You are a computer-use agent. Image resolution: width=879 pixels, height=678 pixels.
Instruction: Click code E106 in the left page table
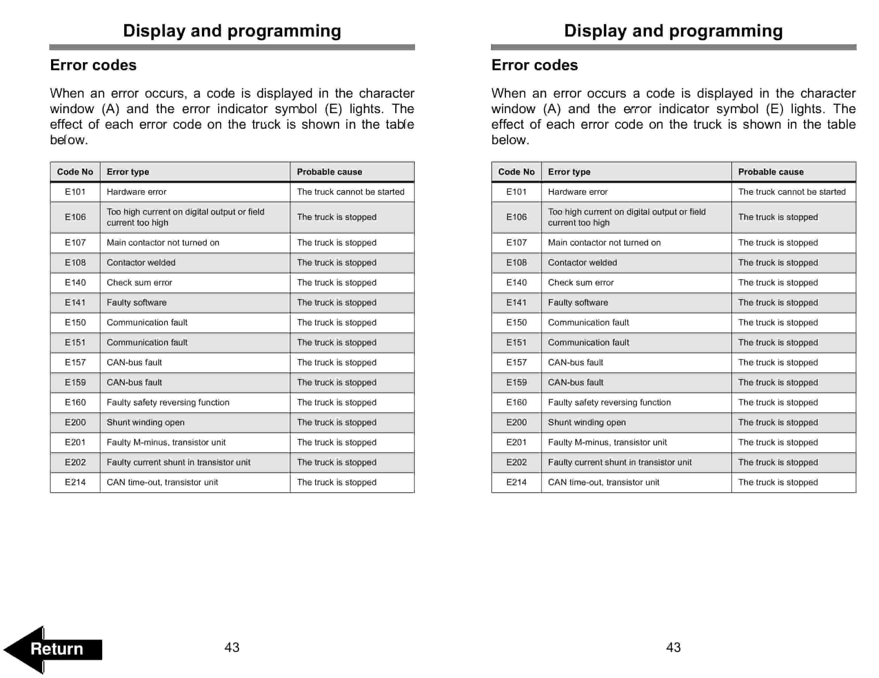coord(75,217)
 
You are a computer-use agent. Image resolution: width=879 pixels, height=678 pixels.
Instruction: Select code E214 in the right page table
coord(516,482)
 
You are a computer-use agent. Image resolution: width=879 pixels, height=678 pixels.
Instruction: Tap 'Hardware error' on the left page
coord(137,192)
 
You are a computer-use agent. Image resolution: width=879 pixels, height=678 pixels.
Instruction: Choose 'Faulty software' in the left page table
coord(137,303)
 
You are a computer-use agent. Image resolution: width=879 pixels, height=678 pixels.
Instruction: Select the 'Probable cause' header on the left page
coord(329,172)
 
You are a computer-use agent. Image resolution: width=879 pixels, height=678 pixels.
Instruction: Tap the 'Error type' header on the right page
coord(569,172)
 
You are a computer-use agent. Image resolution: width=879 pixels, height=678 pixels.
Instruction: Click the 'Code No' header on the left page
coord(75,172)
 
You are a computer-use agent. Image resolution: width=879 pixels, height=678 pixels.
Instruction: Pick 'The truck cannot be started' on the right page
coord(792,192)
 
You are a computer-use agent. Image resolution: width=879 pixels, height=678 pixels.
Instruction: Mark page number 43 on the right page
coord(673,647)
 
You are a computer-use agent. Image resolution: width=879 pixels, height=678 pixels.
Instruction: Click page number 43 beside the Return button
coord(232,647)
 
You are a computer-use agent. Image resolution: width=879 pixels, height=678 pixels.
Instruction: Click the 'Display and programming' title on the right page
coord(673,31)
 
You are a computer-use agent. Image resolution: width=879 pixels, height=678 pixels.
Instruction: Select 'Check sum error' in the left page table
coord(139,282)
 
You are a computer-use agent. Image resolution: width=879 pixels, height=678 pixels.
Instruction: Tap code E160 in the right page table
coord(516,402)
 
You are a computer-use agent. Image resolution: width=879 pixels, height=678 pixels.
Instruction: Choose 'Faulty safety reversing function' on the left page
coord(168,402)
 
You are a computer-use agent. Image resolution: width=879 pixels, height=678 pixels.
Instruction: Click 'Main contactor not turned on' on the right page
coord(604,243)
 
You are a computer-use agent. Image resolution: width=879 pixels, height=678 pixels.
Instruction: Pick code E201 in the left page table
coord(75,442)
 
